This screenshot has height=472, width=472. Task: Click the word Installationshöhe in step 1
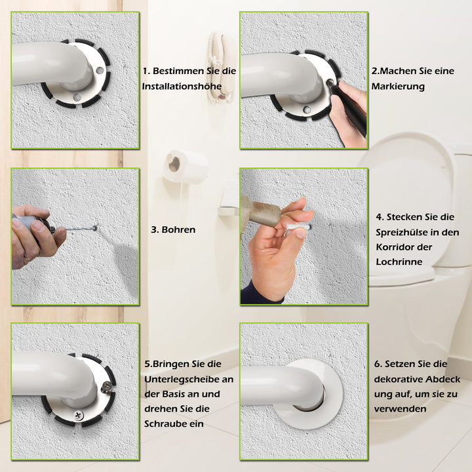pos(182,87)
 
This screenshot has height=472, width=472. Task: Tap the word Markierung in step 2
pos(398,87)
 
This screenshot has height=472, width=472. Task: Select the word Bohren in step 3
pos(178,229)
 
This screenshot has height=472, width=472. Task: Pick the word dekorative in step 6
pos(399,380)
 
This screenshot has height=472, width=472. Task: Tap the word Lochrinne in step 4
pos(399,262)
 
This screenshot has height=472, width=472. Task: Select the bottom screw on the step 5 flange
pos(79,416)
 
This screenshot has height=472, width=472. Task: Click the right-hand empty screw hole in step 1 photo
pos(100,71)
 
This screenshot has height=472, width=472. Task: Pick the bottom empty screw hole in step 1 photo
pos(77,97)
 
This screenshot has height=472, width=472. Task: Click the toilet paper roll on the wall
pos(185,166)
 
